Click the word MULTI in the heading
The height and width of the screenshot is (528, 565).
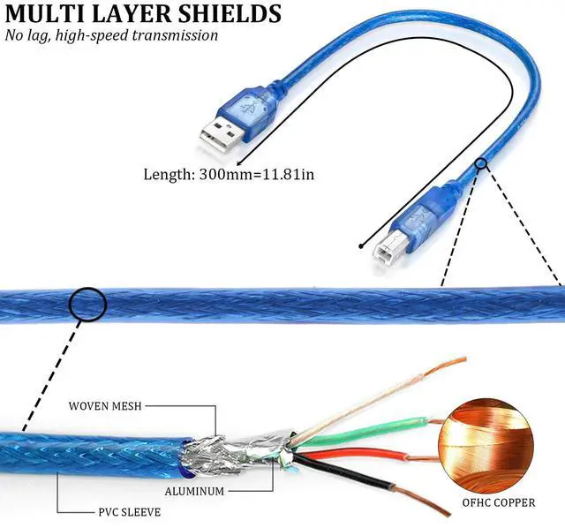(x=39, y=14)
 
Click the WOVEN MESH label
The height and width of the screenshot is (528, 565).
(x=105, y=406)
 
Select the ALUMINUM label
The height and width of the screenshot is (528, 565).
(x=193, y=490)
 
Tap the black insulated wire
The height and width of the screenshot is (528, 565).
(x=353, y=474)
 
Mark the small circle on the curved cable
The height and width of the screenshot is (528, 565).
(x=481, y=163)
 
